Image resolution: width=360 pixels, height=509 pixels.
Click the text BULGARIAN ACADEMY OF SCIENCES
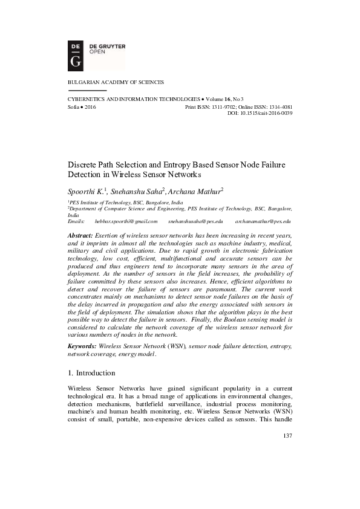click(116, 82)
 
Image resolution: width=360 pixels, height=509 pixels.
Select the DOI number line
click(260, 112)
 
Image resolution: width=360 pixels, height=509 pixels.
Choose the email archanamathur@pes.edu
click(263, 222)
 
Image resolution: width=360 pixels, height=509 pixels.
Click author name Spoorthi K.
click(85, 190)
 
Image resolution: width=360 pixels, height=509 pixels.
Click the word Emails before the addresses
click(77, 222)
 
